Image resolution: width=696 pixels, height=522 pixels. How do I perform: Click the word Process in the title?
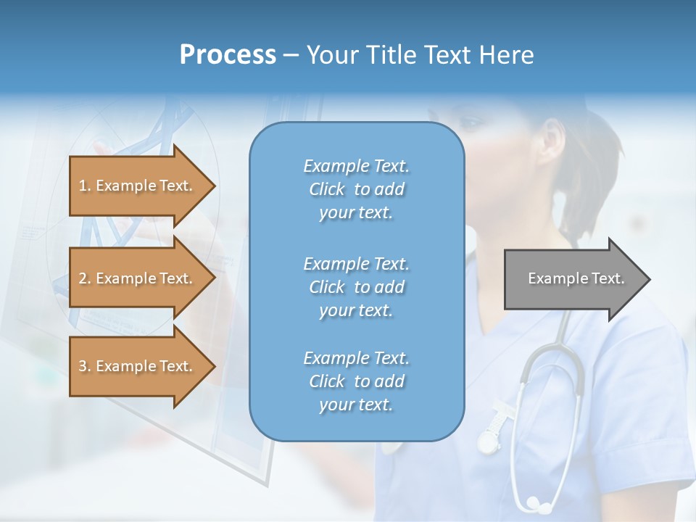point(228,55)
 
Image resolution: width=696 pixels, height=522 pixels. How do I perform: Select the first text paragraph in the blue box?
point(356,189)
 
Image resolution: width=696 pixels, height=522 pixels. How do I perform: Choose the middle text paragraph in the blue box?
point(356,286)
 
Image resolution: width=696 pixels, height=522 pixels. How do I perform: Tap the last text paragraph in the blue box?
point(356,381)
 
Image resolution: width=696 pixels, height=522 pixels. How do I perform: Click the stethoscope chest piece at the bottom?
point(535,502)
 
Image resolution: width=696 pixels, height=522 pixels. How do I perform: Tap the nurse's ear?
point(554,138)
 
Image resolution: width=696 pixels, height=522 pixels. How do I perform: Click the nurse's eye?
point(471,123)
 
